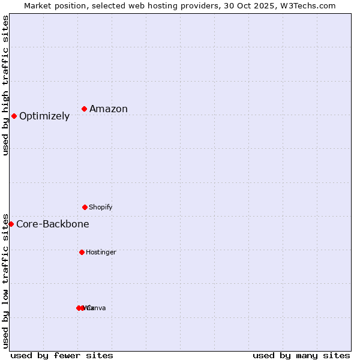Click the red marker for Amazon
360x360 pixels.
[85, 109]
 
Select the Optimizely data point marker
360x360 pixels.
[14, 116]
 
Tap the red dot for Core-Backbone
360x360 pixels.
[11, 224]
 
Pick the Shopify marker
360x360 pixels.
[85, 207]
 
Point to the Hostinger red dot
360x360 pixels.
[82, 252]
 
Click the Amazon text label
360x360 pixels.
[109, 109]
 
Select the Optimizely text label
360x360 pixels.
[44, 116]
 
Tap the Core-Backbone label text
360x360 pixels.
[53, 224]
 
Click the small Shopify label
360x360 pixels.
[101, 207]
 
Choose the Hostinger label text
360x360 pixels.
[101, 252]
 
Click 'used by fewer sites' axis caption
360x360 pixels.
[62, 355]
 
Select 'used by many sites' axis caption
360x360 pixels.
[301, 355]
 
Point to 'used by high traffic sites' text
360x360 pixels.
[5, 85]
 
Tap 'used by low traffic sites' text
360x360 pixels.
[5, 280]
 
